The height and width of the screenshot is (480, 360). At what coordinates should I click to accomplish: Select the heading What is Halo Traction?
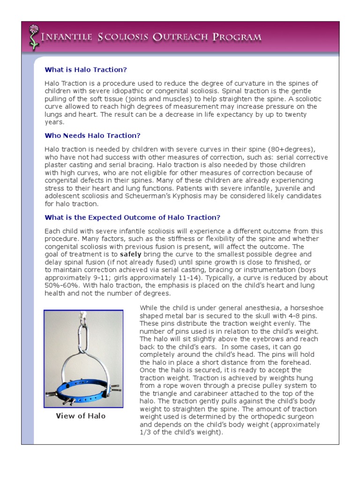point(86,69)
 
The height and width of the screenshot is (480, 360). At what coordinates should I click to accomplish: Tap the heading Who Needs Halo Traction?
point(92,135)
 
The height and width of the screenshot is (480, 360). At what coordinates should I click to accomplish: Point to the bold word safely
point(131,255)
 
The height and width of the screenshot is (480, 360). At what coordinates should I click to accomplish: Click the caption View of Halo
point(81,416)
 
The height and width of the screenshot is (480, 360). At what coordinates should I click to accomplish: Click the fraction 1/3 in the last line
point(146,432)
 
